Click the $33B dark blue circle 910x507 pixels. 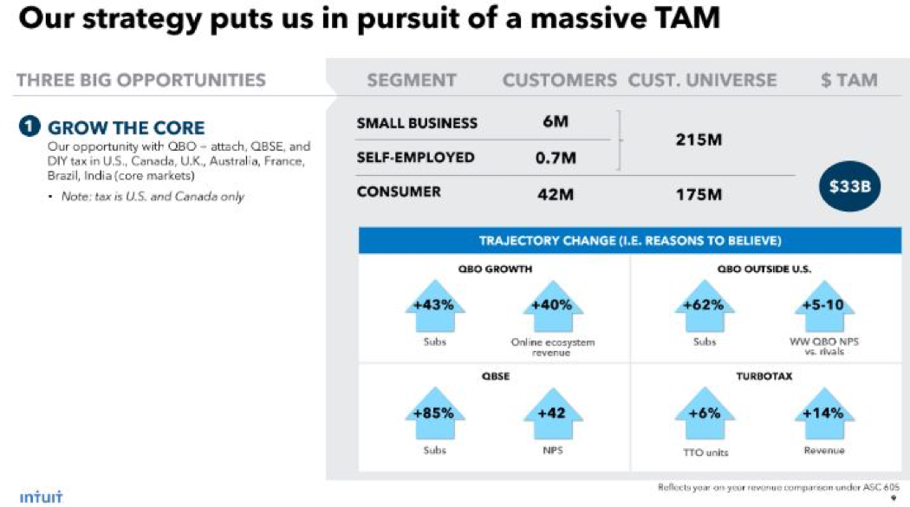(x=849, y=185)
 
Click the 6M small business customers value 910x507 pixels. (x=556, y=122)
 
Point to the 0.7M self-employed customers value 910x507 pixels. (x=556, y=158)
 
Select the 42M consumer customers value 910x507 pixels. (x=556, y=193)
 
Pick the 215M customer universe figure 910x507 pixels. (x=699, y=140)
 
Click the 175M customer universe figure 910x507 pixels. (x=699, y=193)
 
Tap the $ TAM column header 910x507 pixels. (x=849, y=81)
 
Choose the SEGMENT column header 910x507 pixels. (x=412, y=81)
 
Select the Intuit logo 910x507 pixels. (x=41, y=497)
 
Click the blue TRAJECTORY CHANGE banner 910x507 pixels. (x=630, y=241)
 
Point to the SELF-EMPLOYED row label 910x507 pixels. (x=416, y=158)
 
